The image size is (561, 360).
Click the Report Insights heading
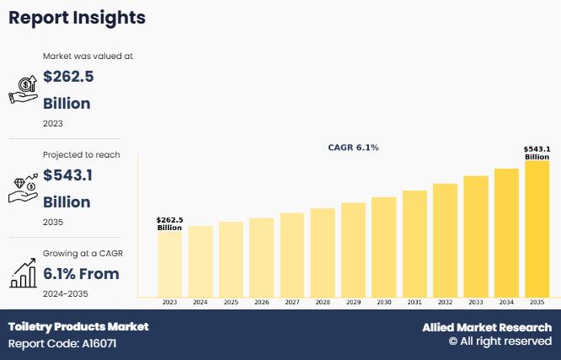[x=77, y=18]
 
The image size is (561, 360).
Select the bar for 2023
[x=169, y=264]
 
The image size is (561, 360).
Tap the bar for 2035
[x=537, y=228]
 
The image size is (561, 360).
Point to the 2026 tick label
[x=261, y=302]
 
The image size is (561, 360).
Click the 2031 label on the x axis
[x=414, y=302]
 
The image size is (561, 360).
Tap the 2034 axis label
[x=506, y=302]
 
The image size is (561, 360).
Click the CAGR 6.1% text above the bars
[x=353, y=148]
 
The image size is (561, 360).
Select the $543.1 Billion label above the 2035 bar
[x=537, y=153]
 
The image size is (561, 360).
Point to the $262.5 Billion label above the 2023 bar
[x=169, y=223]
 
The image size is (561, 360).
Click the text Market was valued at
[x=88, y=56]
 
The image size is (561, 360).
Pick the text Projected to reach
[x=82, y=155]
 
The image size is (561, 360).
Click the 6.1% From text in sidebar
[x=81, y=274]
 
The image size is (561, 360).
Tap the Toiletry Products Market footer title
[x=78, y=326]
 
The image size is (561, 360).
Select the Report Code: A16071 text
[x=61, y=344]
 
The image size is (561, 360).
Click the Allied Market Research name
[x=487, y=327]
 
